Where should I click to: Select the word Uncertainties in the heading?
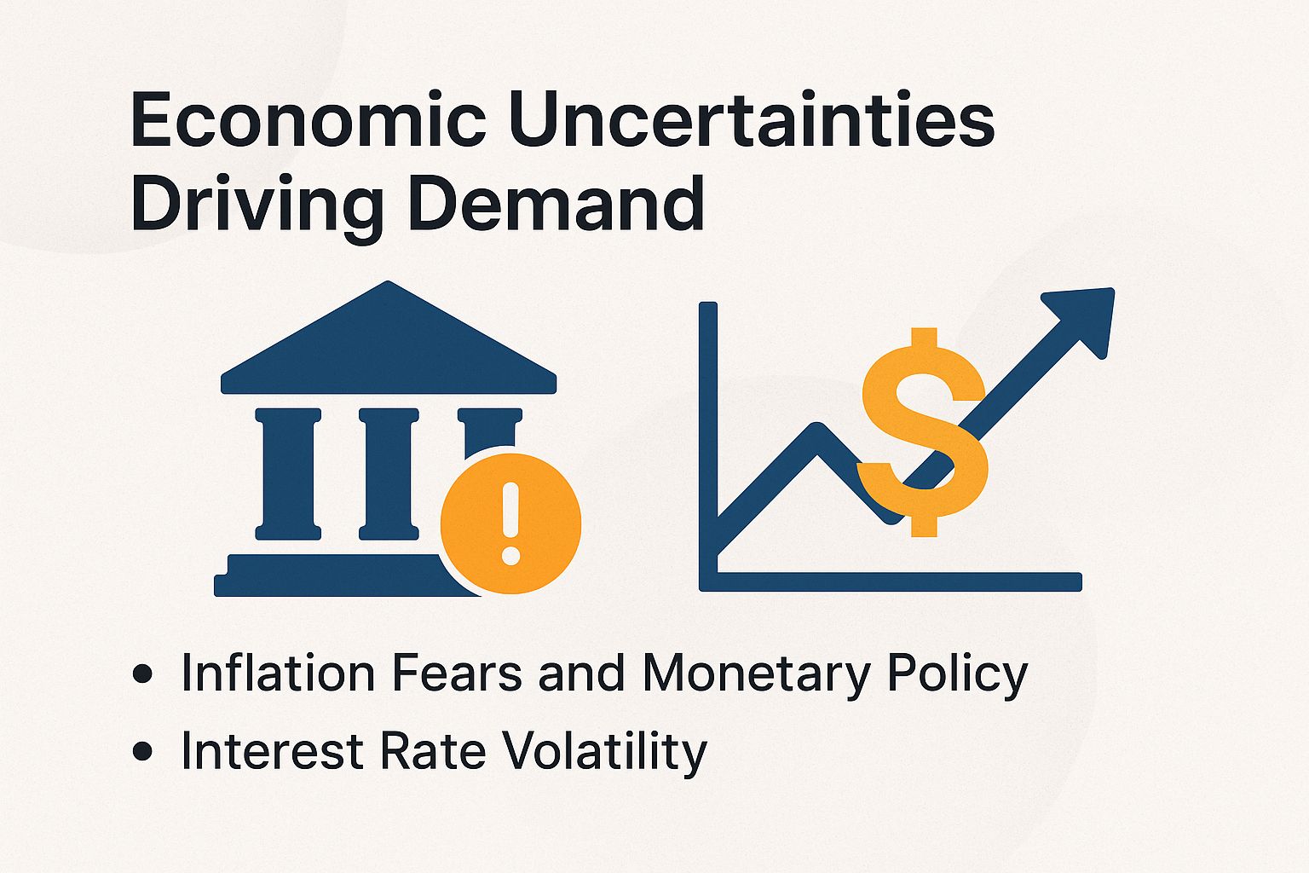click(x=752, y=121)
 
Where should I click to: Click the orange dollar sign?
click(x=924, y=431)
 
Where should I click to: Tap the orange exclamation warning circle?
click(x=510, y=523)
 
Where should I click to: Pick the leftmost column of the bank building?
click(x=288, y=474)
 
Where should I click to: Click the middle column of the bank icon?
click(x=389, y=474)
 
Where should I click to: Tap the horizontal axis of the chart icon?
click(x=895, y=581)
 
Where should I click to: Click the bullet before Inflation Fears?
click(x=143, y=674)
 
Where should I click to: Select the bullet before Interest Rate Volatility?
click(x=143, y=751)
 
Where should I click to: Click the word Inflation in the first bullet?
click(x=278, y=674)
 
